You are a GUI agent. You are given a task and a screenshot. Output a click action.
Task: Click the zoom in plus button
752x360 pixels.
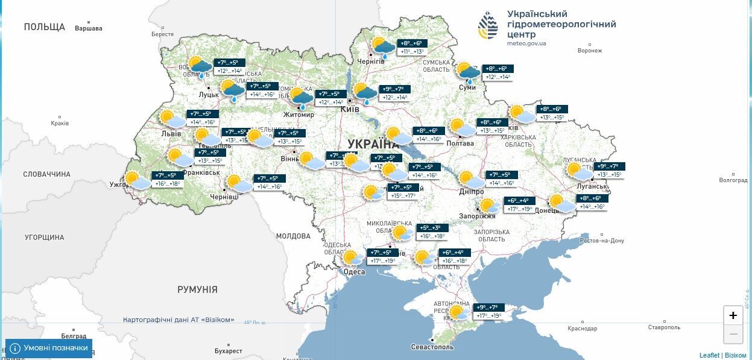pos(733,315)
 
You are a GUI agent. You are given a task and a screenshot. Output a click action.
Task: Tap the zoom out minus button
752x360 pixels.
pos(733,333)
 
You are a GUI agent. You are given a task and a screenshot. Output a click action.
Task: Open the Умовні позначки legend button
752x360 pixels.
pos(49,348)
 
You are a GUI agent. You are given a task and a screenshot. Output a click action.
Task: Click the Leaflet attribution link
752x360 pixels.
pos(709,355)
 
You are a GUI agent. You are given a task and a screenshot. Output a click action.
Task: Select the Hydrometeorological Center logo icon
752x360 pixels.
pos(488,27)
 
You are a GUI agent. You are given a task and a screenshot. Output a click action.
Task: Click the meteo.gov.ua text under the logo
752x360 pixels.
pos(526,43)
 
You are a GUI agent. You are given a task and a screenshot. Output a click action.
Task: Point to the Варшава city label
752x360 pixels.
pos(89,28)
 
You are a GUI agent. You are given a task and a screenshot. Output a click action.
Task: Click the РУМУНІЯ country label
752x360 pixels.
pos(197,290)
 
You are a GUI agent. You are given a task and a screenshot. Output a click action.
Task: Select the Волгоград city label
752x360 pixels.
pos(733,180)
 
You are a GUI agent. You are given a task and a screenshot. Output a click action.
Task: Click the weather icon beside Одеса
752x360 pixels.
pos(353,259)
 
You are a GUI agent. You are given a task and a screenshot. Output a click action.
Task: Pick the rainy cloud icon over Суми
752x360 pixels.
pos(467,72)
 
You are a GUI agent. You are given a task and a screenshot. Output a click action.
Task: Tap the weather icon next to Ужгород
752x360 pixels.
pos(136,180)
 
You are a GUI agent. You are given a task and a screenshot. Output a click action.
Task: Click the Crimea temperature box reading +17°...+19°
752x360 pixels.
pos(488,315)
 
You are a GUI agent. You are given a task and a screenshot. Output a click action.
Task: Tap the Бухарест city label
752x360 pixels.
pos(228,350)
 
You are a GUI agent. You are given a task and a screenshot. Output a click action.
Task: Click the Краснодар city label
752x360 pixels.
pos(582,329)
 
